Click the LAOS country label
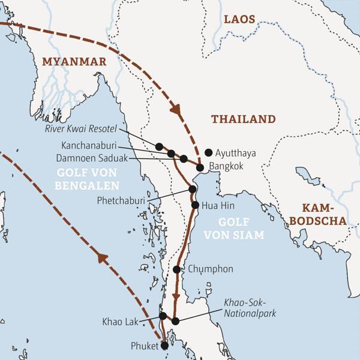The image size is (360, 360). coord(239,20)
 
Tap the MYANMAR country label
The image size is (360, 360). coord(74,62)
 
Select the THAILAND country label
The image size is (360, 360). coord(243,119)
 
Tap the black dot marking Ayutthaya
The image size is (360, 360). coord(208,152)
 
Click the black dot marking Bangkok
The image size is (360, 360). coord(200,167)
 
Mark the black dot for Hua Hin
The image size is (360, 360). coord(195,205)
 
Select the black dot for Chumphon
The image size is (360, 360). coord(176,269)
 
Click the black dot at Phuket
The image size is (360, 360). coord(164,345)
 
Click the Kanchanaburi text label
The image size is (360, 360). coord(89,146)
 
